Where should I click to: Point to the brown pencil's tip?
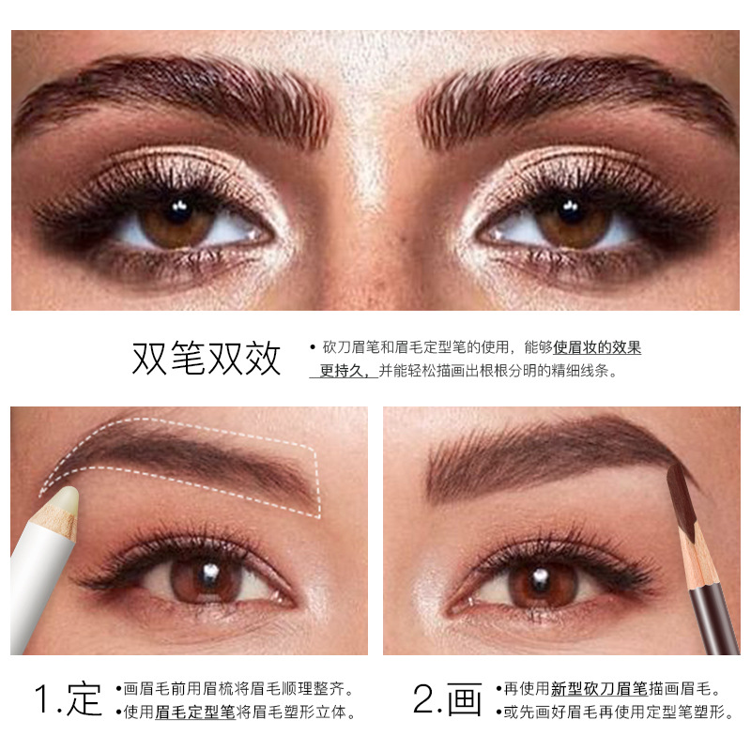(x=676, y=468)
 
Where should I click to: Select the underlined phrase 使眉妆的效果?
(x=597, y=347)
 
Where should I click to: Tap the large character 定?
(x=85, y=700)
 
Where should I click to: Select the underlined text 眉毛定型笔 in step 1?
(x=195, y=713)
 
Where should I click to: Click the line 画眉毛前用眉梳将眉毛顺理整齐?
(x=239, y=688)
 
